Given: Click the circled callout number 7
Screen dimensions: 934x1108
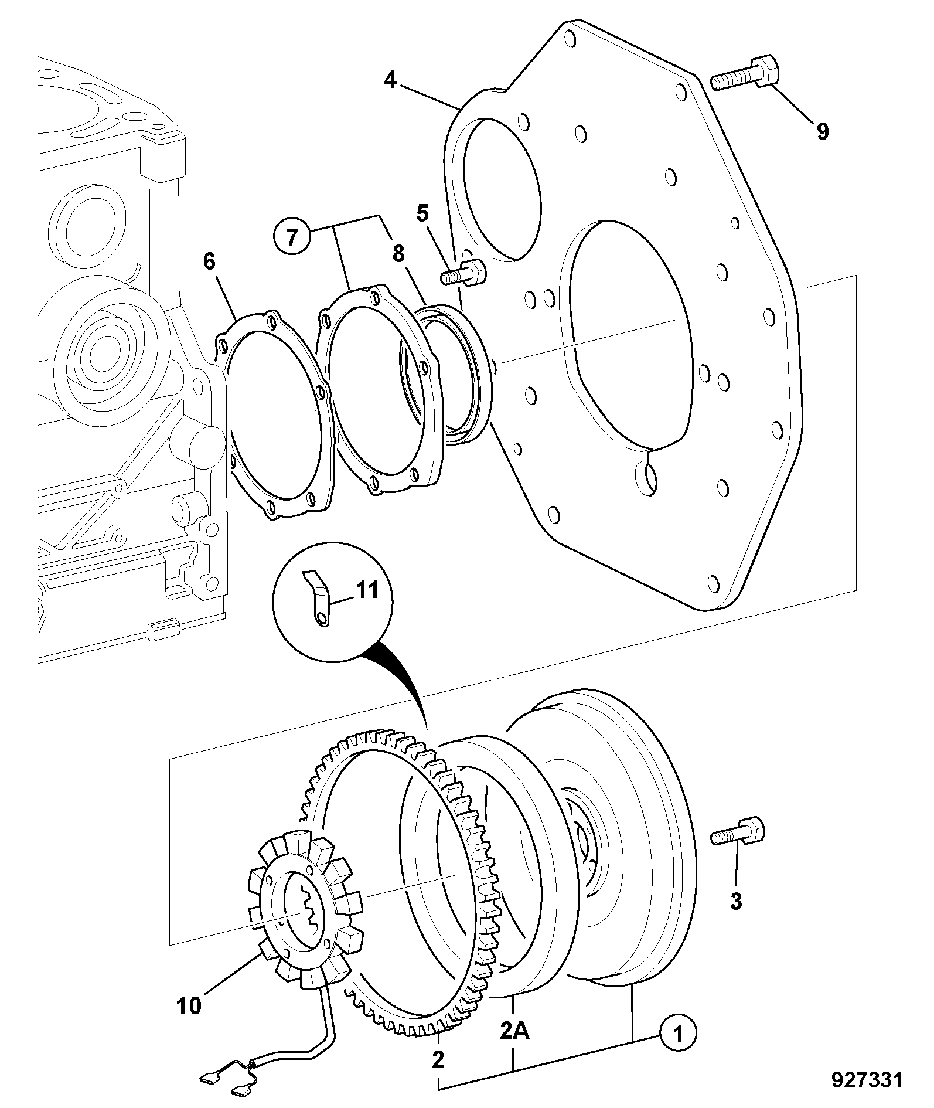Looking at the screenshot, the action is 291,237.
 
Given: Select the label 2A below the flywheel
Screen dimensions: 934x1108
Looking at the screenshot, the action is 514,1030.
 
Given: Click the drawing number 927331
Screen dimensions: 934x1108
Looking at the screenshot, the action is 867,1080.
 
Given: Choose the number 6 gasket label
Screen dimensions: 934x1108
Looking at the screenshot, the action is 209,261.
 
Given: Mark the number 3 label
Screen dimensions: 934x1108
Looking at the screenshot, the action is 736,901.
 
